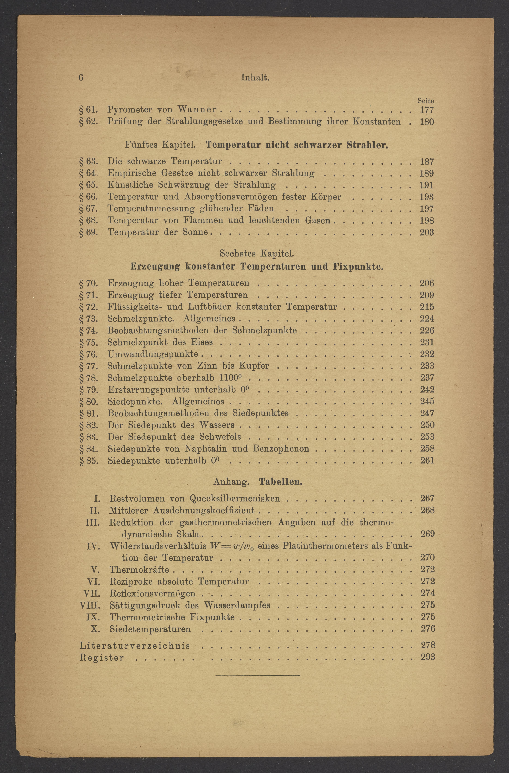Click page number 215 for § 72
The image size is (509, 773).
tap(427, 307)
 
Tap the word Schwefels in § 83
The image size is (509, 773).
tap(220, 437)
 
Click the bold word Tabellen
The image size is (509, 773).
tap(281, 482)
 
